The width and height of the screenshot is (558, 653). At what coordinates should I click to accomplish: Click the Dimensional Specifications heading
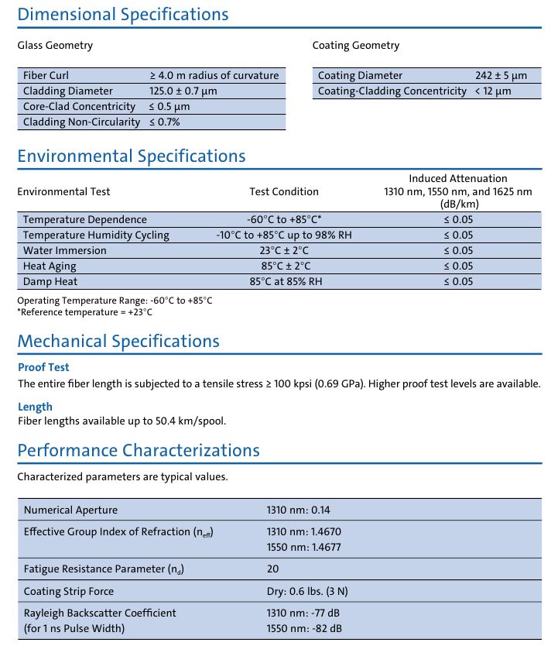[x=123, y=14]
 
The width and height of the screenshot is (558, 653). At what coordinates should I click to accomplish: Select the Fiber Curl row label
[x=46, y=76]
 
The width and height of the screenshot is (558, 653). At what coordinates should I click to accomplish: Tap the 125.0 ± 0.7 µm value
[x=183, y=91]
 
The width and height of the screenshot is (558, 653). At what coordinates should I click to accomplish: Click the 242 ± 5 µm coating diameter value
[x=501, y=76]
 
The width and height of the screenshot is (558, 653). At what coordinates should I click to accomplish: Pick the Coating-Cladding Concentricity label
[x=392, y=91]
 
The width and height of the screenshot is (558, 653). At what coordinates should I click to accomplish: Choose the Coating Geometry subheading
[x=356, y=46]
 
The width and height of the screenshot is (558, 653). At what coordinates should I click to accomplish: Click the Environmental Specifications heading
[x=132, y=156]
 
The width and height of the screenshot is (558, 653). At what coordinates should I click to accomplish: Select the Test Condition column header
[x=284, y=191]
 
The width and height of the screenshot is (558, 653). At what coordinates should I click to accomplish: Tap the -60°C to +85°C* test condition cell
[x=284, y=220]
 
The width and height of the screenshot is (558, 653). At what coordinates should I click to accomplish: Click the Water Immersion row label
[x=65, y=251]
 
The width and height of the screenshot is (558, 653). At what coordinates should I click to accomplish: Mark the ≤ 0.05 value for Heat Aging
[x=458, y=266]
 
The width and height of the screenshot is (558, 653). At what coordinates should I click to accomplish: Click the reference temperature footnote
[x=85, y=312]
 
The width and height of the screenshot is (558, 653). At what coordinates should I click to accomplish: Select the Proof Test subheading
[x=43, y=367]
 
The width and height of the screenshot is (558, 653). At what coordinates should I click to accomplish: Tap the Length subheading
[x=35, y=407]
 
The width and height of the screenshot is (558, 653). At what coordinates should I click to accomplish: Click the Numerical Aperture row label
[x=71, y=510]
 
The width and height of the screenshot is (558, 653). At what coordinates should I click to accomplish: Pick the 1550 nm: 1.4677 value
[x=304, y=548]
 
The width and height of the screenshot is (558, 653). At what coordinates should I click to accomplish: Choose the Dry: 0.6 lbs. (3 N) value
[x=307, y=591]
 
